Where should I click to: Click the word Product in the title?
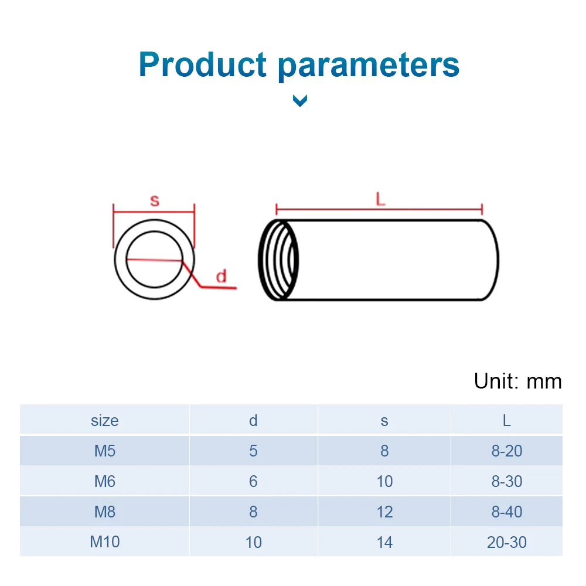click(x=202, y=65)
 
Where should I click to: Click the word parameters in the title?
click(x=369, y=65)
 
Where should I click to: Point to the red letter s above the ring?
click(x=154, y=201)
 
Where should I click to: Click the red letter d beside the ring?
click(x=221, y=277)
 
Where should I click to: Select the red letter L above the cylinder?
click(x=380, y=200)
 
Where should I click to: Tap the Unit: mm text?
click(x=517, y=381)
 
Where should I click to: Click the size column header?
click(x=105, y=420)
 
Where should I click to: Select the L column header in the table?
click(x=506, y=420)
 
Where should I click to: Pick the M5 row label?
click(x=105, y=451)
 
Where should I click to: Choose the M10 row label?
click(x=105, y=542)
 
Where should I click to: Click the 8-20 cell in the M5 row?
click(x=506, y=451)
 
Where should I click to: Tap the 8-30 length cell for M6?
click(x=506, y=481)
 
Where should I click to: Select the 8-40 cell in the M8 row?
click(x=506, y=512)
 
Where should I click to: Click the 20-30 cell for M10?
click(x=506, y=542)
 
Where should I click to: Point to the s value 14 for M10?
click(x=384, y=542)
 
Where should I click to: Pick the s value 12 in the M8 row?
click(x=384, y=512)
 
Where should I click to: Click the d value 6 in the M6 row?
click(x=253, y=481)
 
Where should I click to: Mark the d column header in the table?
click(x=253, y=420)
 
